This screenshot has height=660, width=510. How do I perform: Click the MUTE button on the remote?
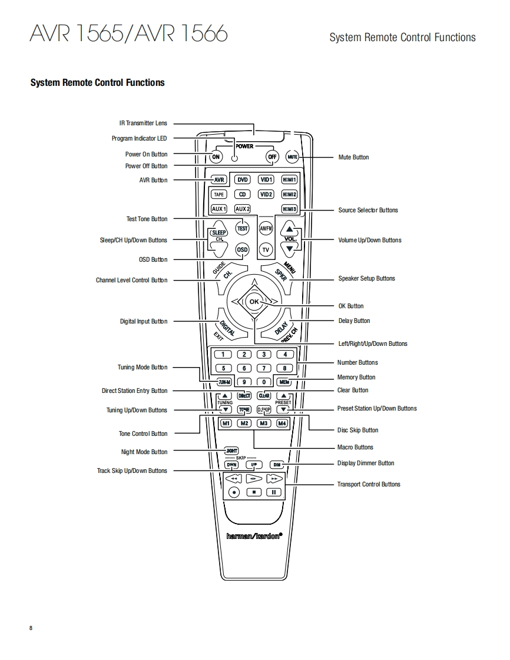coord(293,157)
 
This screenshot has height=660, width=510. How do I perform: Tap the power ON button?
coord(216,157)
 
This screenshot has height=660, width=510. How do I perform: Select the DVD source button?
coord(243,179)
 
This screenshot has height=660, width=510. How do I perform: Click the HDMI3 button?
coord(289,209)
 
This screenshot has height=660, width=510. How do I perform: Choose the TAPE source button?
coord(218,194)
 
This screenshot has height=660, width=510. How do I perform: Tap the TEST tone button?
coord(243,228)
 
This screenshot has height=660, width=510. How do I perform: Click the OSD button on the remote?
coord(243,249)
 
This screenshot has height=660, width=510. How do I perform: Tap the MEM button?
coord(284,382)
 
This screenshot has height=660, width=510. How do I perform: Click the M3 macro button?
coord(264,424)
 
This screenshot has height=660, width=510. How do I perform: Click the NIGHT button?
coord(231,451)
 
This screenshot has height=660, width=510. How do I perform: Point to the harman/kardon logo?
coord(254,536)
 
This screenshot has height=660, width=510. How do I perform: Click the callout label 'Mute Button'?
coord(353,157)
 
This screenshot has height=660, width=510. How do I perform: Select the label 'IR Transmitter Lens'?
coord(143,124)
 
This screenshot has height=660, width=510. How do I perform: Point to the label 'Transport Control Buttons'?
coord(368,485)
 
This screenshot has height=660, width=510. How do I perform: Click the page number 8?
coord(31,628)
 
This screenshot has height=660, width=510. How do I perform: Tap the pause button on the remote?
coord(274,492)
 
